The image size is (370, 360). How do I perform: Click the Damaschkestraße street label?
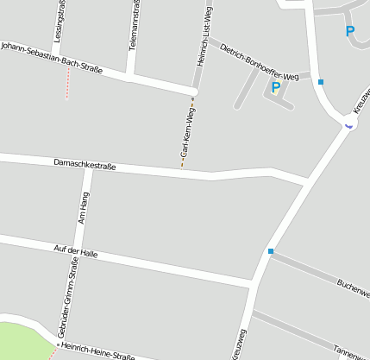(x=85, y=162)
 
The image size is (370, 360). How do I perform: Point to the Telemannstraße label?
(x=132, y=26)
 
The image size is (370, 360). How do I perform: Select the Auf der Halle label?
(x=75, y=251)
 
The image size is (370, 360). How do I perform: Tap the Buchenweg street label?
(x=353, y=287)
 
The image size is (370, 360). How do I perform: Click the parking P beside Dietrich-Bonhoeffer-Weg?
(x=276, y=86)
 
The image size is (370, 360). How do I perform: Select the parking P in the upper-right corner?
(x=350, y=32)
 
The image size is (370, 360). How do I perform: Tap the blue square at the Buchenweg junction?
(x=270, y=251)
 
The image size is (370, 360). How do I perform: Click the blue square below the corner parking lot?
(x=321, y=82)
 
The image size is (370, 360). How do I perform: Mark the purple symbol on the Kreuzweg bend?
(x=348, y=124)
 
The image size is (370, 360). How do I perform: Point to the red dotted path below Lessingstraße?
(x=67, y=84)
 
